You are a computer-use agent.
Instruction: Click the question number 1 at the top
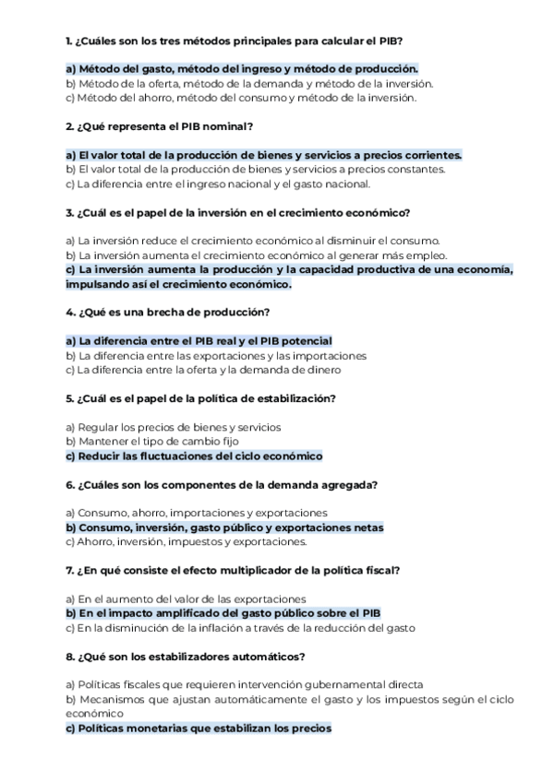(x=70, y=41)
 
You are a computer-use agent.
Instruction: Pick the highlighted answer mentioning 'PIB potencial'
(x=199, y=340)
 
